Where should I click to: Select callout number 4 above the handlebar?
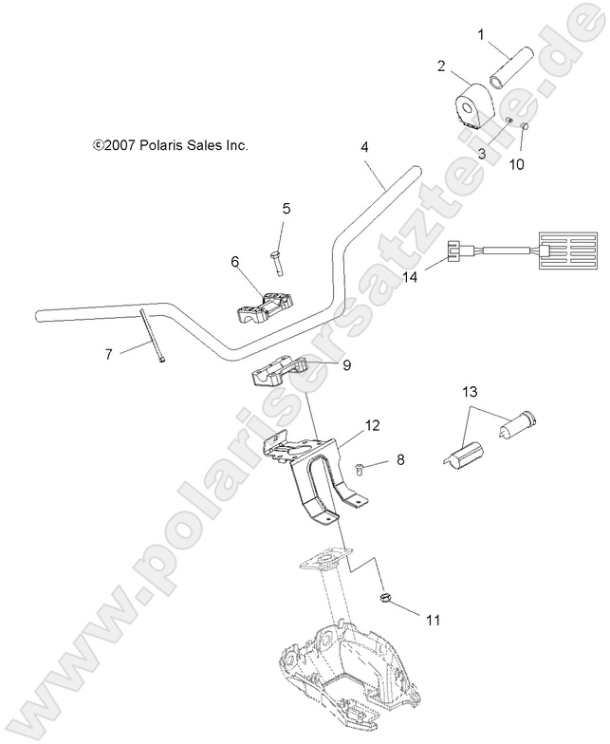(364, 147)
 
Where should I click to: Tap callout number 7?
(108, 354)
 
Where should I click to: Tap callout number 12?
(371, 426)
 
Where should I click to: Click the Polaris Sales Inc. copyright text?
(170, 146)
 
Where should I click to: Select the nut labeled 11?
(387, 598)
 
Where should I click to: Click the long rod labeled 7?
(152, 337)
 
